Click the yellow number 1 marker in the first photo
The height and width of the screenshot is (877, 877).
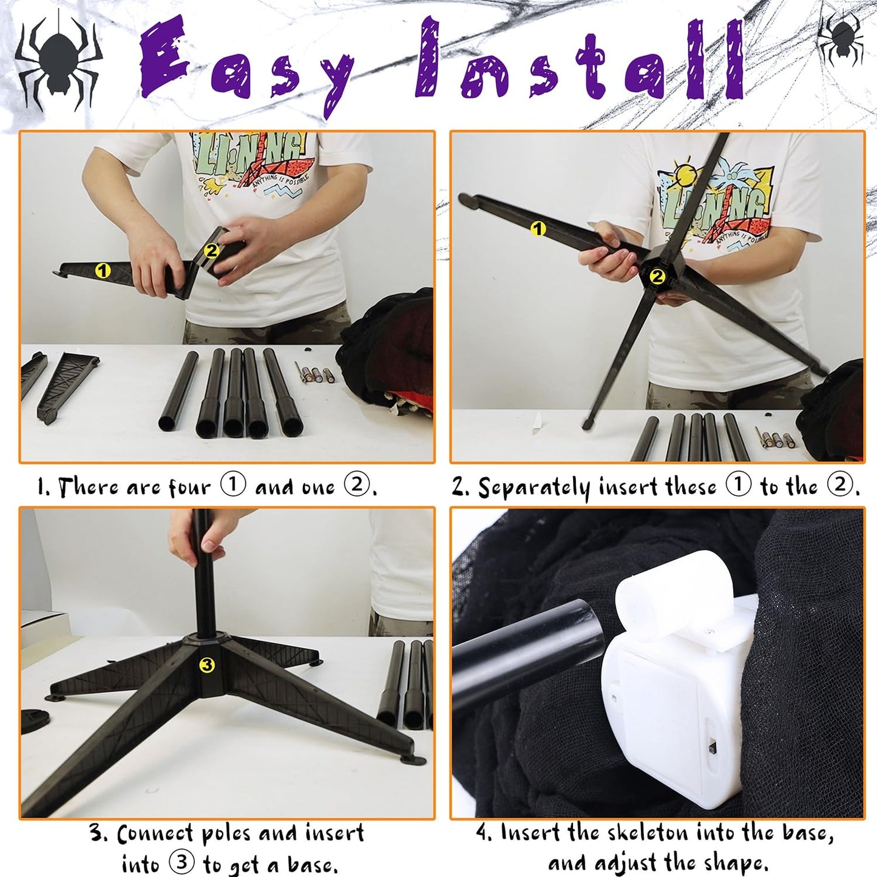tap(103, 271)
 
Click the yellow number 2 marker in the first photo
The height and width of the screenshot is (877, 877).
tap(211, 250)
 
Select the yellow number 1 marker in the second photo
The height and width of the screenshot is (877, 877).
tap(538, 228)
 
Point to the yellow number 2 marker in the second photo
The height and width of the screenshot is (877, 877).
tap(657, 276)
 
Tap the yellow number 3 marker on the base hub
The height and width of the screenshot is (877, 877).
tap(207, 665)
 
